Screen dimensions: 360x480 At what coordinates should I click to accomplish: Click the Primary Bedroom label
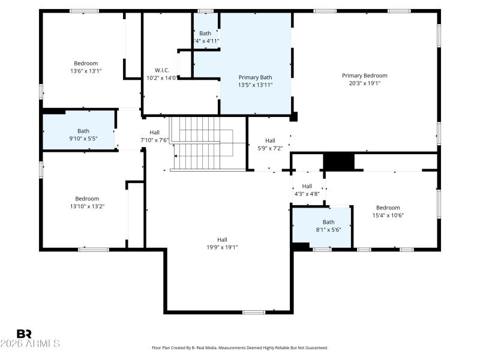[x=364, y=76]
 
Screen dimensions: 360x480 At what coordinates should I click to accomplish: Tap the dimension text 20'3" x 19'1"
[x=364, y=83]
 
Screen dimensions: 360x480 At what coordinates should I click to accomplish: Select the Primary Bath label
[x=255, y=77]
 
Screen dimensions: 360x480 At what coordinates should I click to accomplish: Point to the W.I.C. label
[x=162, y=70]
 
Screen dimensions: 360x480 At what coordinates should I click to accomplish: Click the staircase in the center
[x=201, y=144]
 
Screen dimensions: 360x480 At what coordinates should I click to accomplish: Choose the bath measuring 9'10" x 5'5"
[x=83, y=134]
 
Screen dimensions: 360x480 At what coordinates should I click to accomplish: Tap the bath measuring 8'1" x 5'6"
[x=328, y=226]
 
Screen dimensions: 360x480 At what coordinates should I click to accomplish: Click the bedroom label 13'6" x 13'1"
[x=86, y=71]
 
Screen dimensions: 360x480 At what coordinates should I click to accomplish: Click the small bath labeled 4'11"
[x=205, y=37]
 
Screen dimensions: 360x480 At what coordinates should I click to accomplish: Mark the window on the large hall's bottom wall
[x=254, y=312]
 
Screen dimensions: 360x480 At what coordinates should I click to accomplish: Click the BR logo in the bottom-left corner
[x=24, y=334]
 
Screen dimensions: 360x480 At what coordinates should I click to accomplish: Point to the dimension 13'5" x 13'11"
[x=255, y=85]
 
